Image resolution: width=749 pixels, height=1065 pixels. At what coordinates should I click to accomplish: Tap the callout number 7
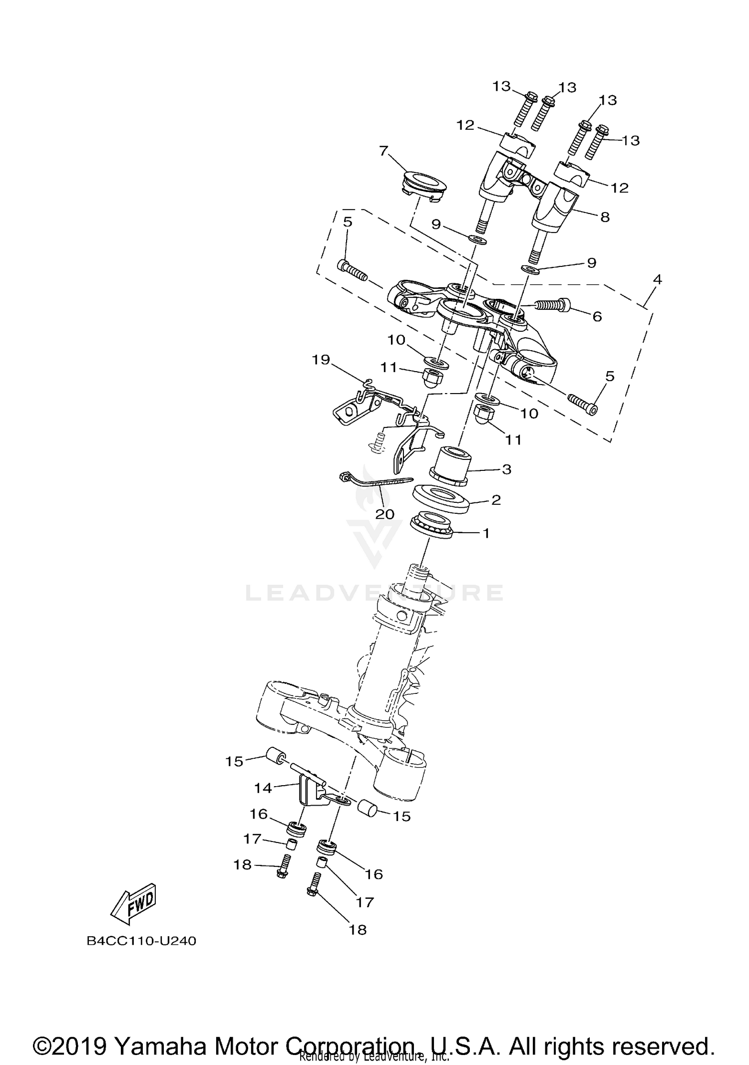(383, 150)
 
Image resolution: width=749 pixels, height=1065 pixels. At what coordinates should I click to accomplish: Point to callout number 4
(657, 280)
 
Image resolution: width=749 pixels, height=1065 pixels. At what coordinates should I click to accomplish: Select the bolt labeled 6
(554, 303)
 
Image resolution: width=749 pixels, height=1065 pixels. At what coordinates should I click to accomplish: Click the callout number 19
(322, 359)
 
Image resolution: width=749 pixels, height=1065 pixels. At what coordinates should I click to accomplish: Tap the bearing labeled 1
(431, 525)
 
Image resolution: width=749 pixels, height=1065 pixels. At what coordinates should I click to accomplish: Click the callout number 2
(496, 500)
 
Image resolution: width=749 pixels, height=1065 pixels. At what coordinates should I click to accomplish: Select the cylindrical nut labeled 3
(451, 465)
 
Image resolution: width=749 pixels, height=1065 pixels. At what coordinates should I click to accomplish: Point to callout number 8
(605, 217)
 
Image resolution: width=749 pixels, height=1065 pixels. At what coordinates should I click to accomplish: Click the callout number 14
(263, 788)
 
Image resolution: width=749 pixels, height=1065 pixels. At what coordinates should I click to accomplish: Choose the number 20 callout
(384, 514)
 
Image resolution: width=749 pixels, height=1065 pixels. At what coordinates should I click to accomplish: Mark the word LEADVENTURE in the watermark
(374, 592)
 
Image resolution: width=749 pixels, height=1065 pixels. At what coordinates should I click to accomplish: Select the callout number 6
(597, 317)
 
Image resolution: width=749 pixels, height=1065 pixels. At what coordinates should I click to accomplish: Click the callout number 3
(506, 469)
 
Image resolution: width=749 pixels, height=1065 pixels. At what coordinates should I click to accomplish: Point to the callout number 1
(486, 534)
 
